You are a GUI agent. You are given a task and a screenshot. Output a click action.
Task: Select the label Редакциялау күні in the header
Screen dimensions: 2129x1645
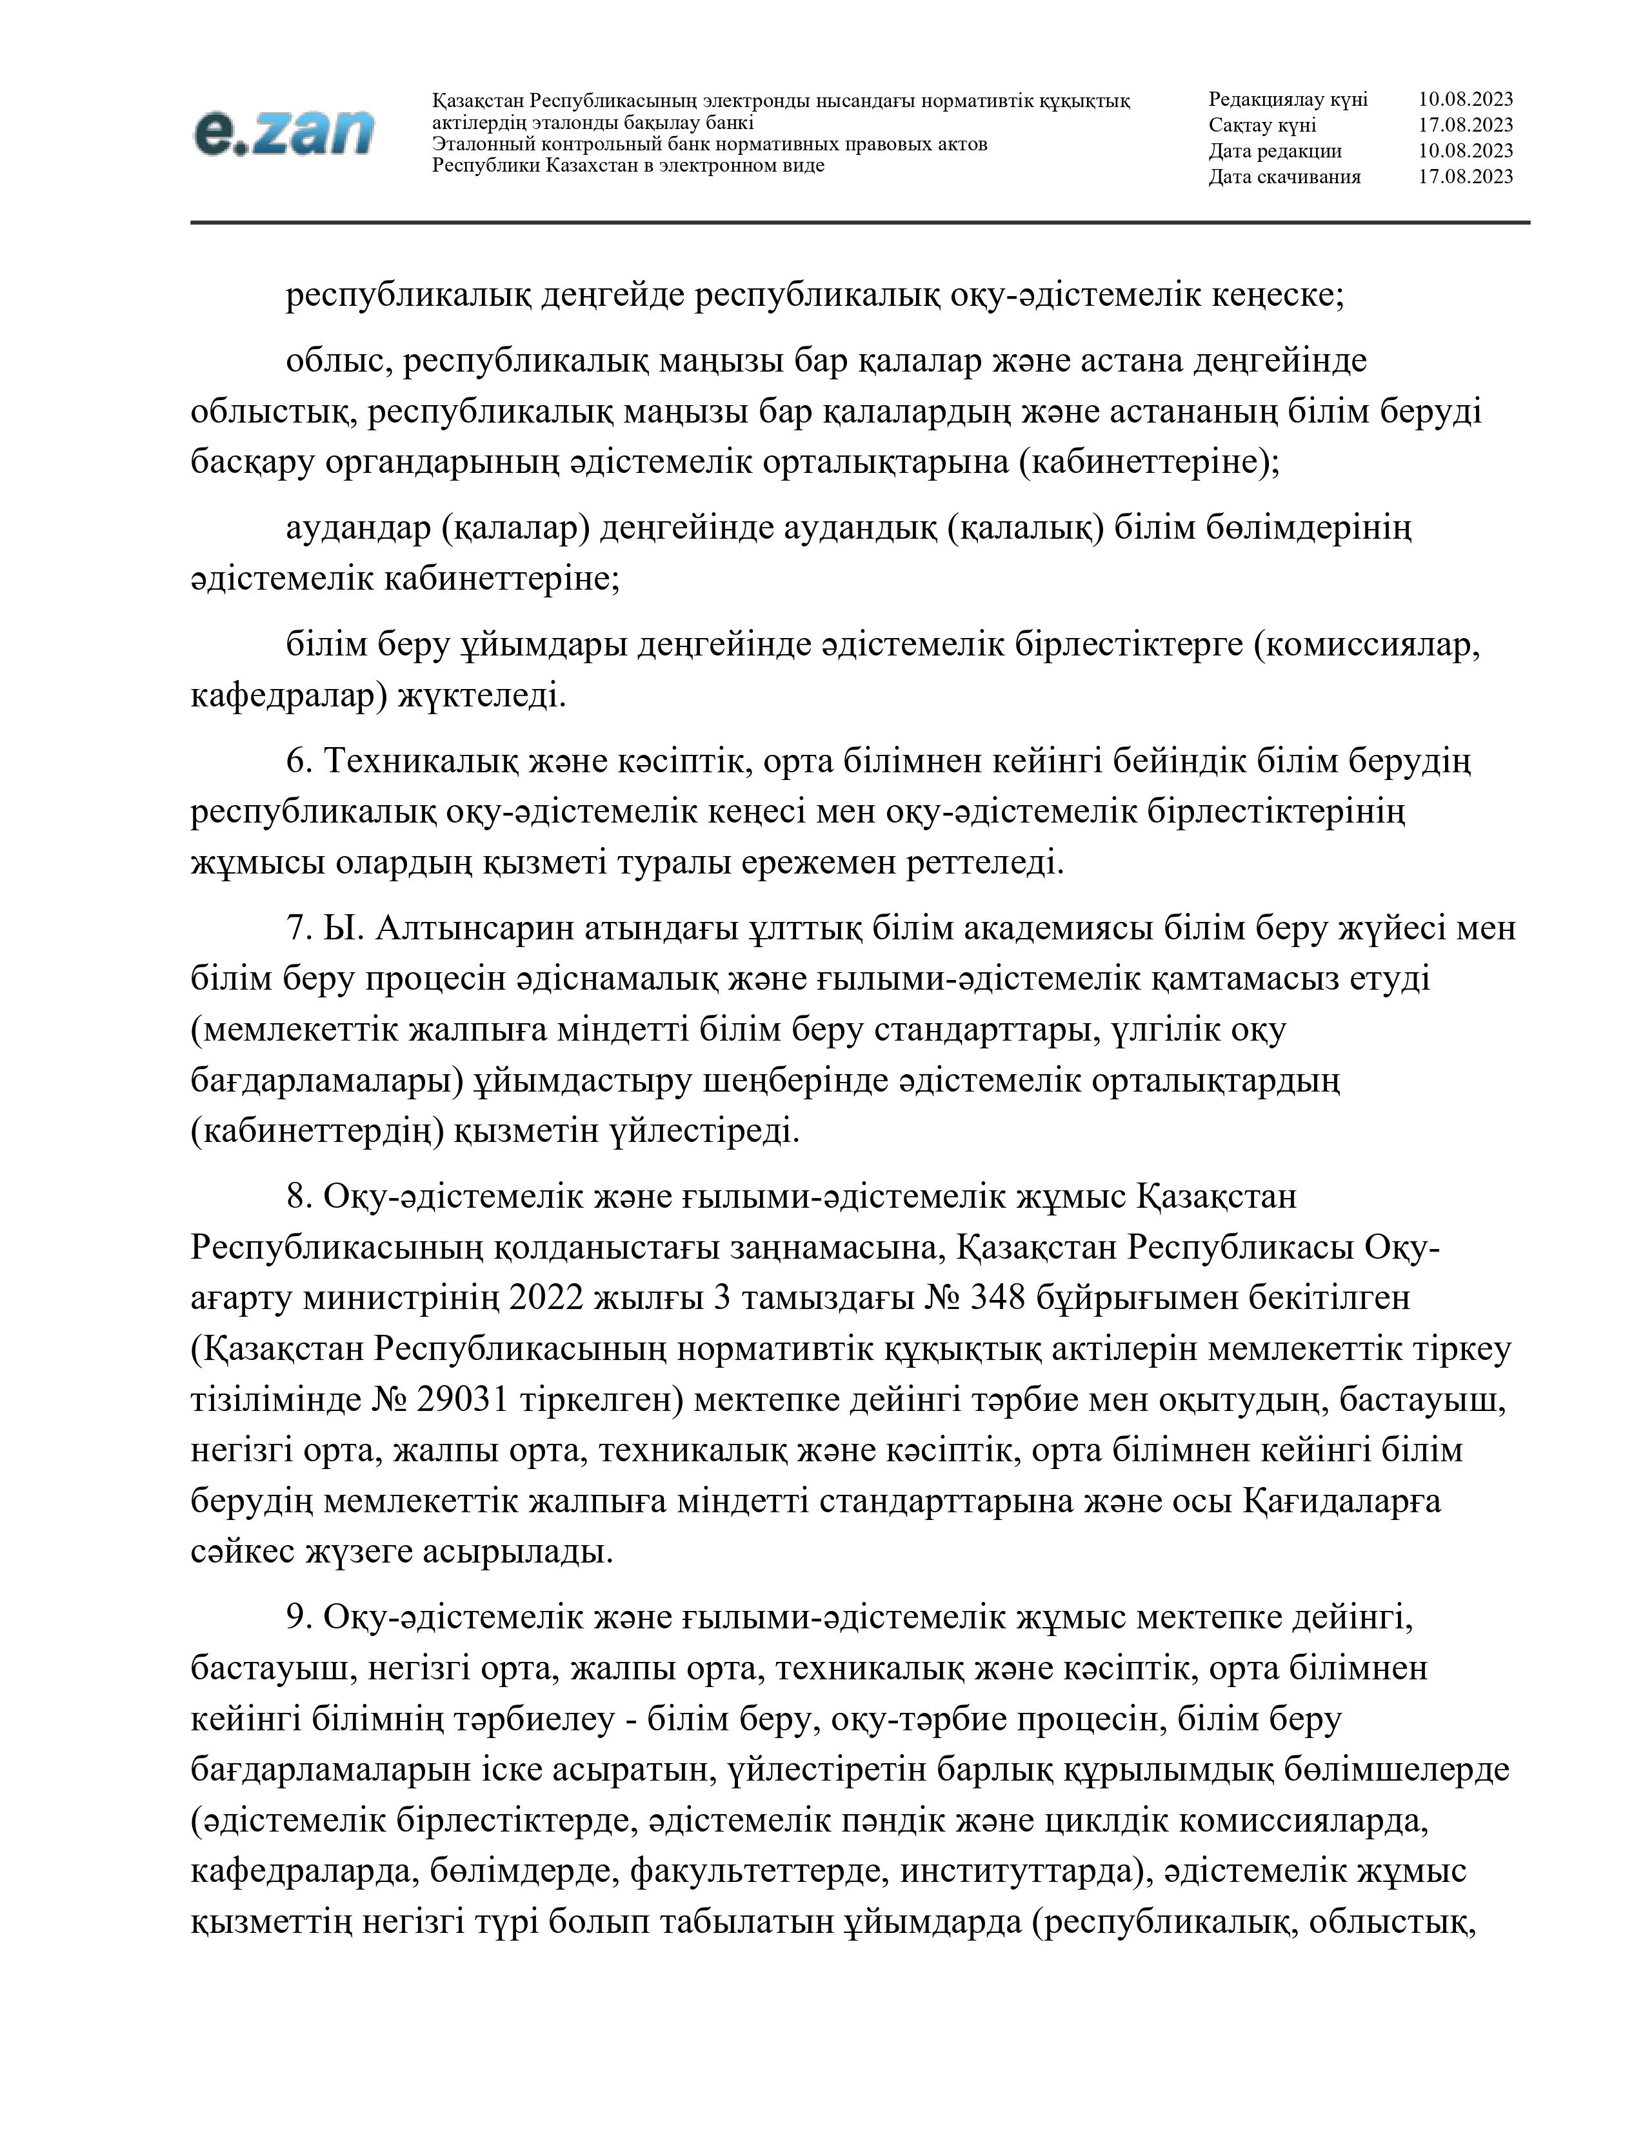(1288, 99)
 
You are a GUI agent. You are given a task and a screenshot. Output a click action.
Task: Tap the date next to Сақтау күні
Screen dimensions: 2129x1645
(1465, 125)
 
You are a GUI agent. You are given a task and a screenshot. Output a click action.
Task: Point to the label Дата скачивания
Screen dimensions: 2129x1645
(1284, 176)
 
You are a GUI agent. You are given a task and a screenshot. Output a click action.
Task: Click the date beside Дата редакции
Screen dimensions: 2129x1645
(1465, 151)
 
